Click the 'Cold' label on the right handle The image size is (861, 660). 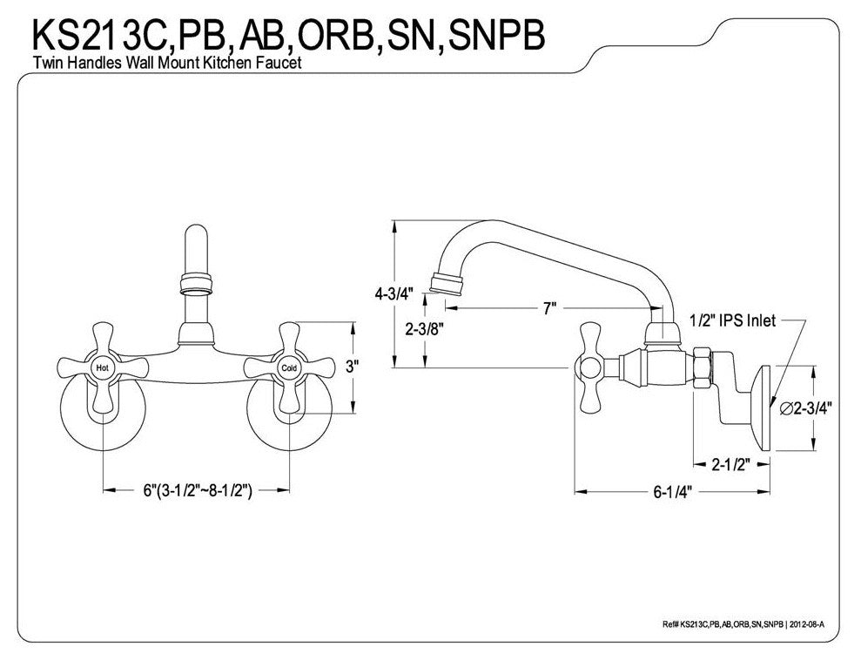tap(289, 368)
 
